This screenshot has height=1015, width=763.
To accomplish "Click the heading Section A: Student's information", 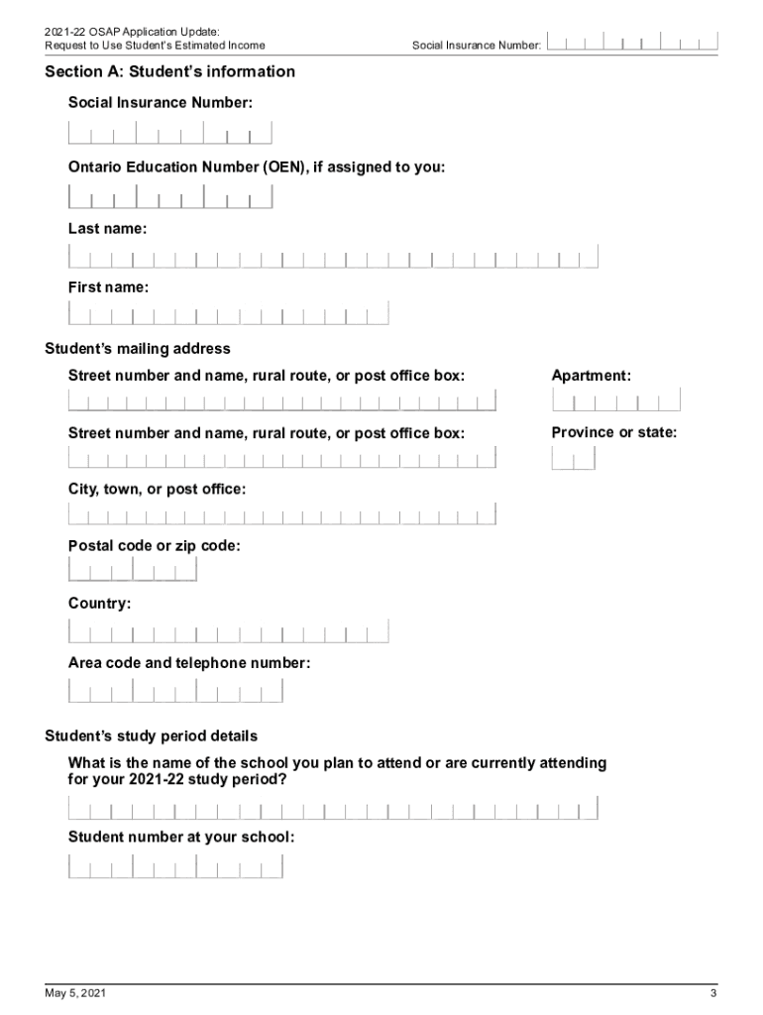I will [169, 71].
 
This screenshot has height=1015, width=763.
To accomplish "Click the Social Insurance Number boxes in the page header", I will [632, 43].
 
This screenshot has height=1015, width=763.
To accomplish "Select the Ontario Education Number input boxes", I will [169, 196].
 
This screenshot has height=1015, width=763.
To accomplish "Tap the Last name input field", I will [333, 258].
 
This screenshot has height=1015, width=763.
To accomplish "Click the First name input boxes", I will [228, 314].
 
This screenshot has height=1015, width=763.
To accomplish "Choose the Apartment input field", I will [616, 400].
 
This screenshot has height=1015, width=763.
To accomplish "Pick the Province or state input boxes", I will [574, 458].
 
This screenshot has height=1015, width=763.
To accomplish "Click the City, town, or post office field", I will [281, 514].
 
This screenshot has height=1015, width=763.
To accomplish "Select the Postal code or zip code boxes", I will [132, 570].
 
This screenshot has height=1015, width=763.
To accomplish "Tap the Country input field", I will [228, 630].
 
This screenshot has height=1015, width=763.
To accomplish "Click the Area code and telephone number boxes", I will [175, 690].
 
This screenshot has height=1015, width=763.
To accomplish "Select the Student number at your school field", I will [175, 866].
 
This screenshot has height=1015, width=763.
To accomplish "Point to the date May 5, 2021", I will [75, 993].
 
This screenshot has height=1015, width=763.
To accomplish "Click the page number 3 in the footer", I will [712, 993].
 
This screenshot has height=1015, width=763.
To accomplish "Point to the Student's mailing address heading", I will [138, 349].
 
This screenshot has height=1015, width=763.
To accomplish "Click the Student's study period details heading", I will [152, 736].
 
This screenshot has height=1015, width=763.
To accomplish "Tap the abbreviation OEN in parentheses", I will [283, 168].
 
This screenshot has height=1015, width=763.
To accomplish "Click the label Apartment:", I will [592, 376].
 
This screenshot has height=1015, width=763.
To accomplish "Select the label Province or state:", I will [614, 432].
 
